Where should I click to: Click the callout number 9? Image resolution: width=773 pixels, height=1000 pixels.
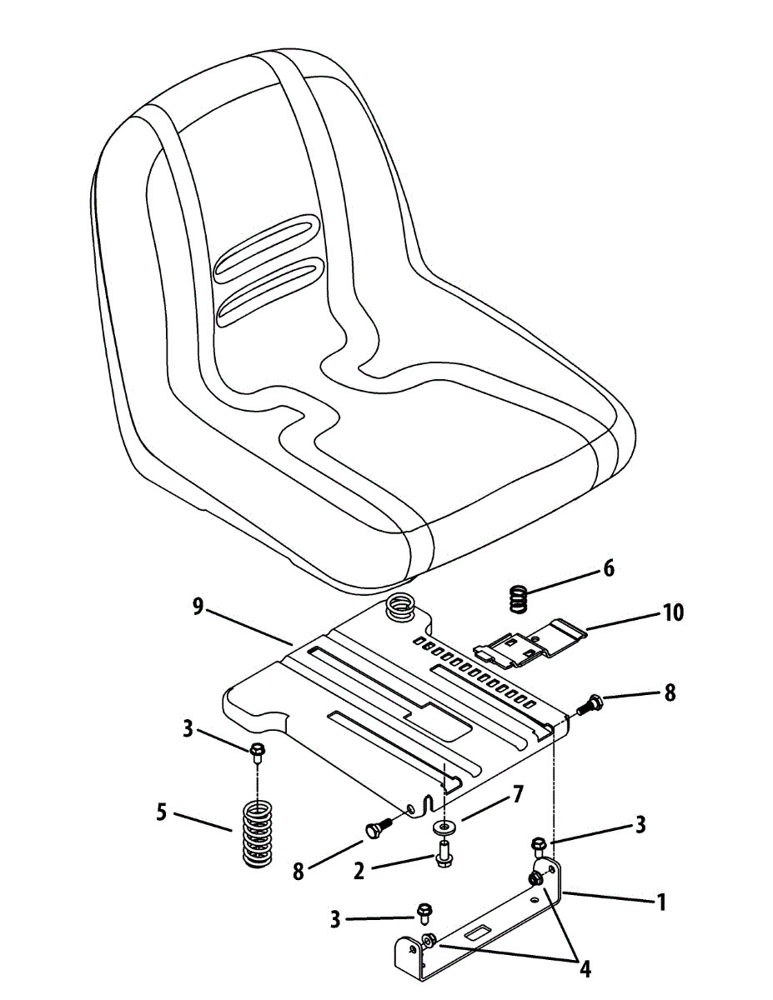[x=198, y=607]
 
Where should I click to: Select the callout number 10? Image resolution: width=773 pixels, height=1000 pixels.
[x=673, y=613]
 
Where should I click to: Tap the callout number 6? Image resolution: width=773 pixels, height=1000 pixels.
[x=608, y=568]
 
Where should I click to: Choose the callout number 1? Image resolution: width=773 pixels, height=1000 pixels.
[x=660, y=902]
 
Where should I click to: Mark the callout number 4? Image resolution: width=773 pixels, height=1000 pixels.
[x=586, y=968]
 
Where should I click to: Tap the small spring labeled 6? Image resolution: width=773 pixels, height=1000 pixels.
[x=519, y=597]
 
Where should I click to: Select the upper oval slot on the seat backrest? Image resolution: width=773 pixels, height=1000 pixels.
[x=267, y=247]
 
